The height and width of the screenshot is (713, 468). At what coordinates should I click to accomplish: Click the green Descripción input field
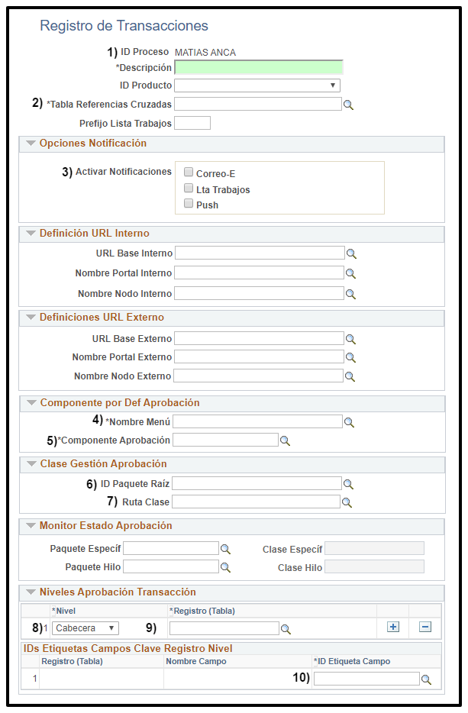point(259,68)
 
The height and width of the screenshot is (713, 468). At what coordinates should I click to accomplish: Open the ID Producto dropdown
point(257,85)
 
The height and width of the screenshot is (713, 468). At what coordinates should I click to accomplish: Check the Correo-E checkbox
point(189,173)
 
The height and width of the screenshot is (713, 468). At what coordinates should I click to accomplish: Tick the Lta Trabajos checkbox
point(189,189)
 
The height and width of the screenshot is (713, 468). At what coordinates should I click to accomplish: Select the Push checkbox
point(189,204)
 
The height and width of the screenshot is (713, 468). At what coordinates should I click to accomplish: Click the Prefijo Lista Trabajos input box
point(192,123)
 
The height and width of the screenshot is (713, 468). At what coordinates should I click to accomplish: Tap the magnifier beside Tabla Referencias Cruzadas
point(349,105)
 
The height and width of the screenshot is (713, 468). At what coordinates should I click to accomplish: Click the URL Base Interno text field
point(259,253)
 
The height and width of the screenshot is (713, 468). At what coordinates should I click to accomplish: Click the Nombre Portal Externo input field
point(258,356)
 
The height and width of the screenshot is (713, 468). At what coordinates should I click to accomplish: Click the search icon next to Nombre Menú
point(349,421)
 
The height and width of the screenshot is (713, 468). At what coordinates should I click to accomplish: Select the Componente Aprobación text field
point(225,440)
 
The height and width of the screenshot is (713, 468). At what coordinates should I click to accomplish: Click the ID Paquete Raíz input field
point(257,483)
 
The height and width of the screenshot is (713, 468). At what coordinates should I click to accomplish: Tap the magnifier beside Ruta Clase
point(347,502)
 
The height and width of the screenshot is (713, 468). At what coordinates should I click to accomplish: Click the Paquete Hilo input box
point(171,566)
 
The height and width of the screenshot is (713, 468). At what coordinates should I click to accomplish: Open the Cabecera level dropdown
point(86,628)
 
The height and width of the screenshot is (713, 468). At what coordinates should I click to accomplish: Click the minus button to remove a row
point(425,627)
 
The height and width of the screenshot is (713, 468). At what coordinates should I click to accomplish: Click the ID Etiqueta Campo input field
point(366,679)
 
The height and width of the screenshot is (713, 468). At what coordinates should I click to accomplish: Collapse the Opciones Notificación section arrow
point(31,144)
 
